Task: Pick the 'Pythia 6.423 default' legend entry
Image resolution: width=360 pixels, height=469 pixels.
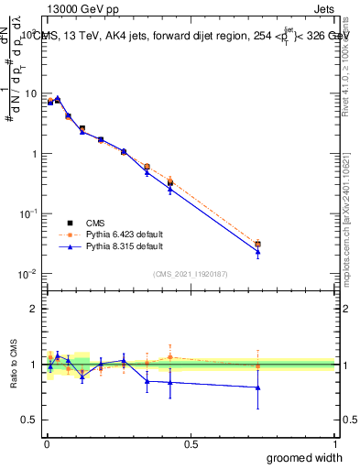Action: (110, 234)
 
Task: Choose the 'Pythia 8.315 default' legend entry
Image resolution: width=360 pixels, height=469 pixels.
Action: (110, 246)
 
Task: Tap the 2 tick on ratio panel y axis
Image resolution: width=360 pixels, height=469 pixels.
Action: (33, 309)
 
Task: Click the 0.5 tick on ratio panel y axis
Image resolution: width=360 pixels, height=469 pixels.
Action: (29, 420)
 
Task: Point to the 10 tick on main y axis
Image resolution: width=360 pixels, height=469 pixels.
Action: (29, 93)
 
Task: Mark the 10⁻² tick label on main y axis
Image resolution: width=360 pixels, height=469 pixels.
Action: (27, 274)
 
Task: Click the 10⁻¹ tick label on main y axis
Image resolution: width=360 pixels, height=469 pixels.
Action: (27, 213)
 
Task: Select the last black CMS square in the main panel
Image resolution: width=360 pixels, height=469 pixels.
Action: (258, 245)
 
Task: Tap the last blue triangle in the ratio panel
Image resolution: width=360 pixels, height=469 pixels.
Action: (258, 387)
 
